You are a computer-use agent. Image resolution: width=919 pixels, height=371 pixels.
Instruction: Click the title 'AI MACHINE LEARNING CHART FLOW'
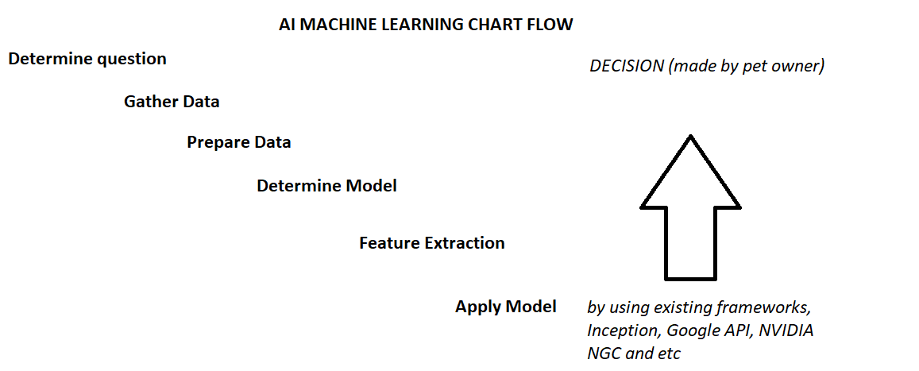pos(426,25)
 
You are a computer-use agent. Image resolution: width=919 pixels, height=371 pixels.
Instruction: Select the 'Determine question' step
pos(87,59)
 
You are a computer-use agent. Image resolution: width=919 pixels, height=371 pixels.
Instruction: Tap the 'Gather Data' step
pos(172,102)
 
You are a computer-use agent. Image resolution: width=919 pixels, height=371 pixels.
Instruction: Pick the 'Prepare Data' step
pos(239,143)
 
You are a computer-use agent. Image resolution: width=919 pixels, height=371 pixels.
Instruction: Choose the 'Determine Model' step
pos(326,186)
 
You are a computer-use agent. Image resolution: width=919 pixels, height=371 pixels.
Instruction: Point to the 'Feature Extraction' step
pos(431,243)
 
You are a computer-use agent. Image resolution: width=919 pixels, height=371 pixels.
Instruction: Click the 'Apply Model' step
pos(505,307)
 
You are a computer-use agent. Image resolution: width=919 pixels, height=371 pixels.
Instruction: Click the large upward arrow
pos(691,214)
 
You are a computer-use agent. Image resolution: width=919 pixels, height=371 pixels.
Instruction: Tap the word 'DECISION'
pos(627,67)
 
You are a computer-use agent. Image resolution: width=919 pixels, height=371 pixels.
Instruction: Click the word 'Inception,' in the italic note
pos(622,330)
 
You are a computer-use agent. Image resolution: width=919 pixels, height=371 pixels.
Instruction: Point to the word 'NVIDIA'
pos(786,330)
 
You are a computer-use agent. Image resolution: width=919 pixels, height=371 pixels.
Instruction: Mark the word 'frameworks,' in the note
pos(773,307)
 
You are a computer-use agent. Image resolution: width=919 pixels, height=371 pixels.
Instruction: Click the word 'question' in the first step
pos(132,60)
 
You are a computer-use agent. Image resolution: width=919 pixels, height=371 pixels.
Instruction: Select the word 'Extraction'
pos(464,243)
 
